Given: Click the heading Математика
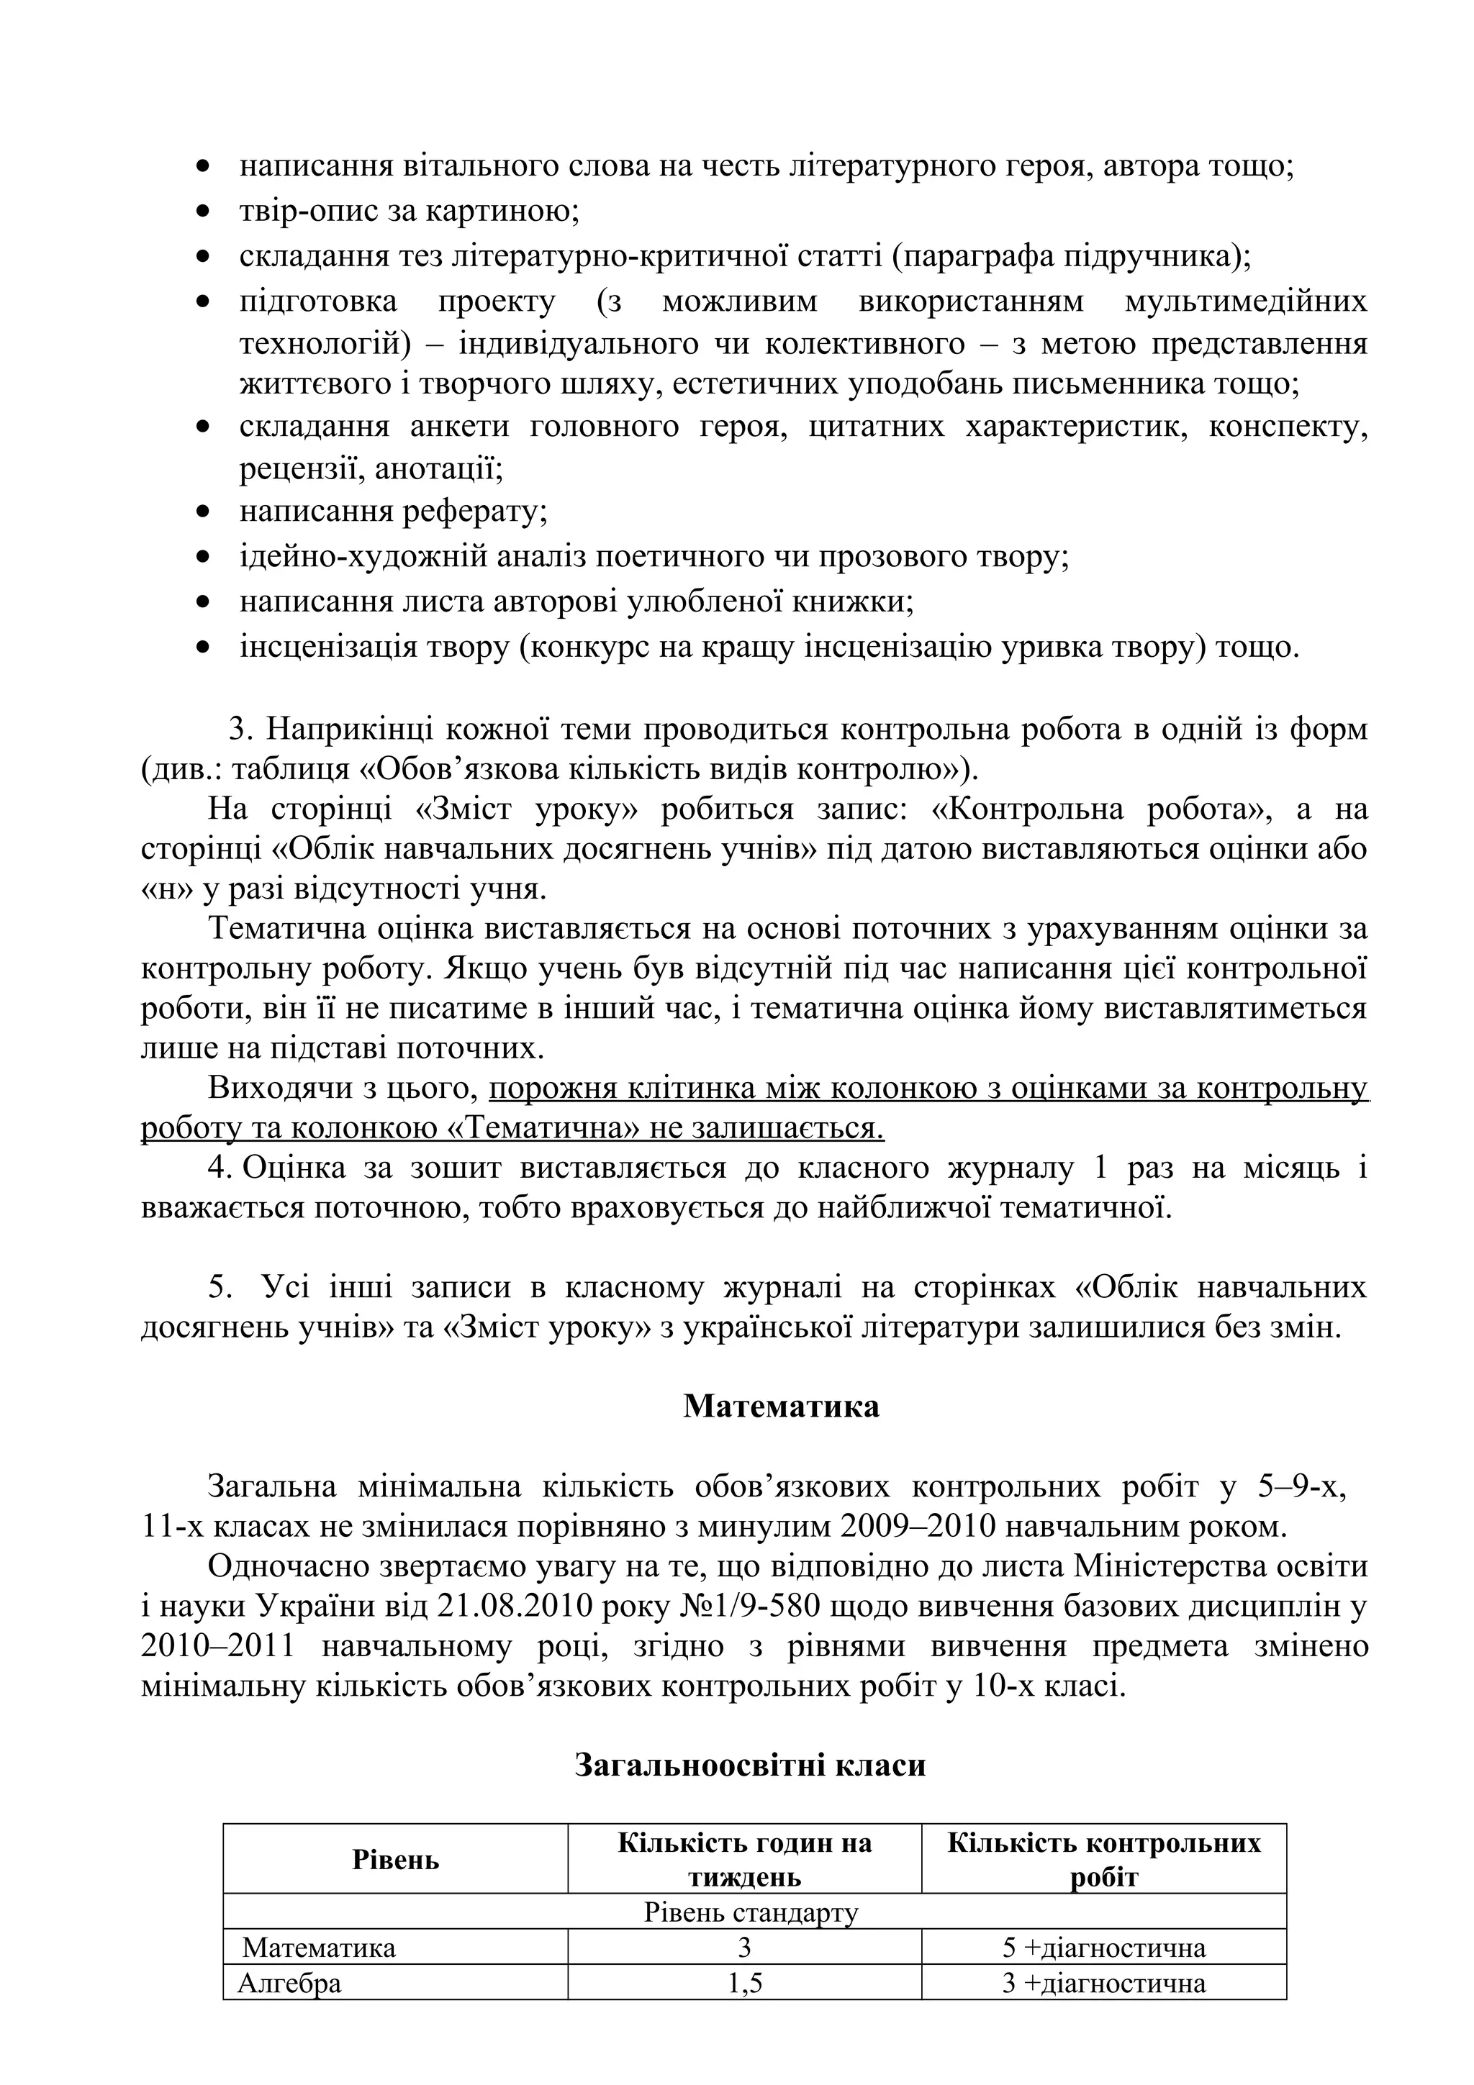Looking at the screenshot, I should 780,1407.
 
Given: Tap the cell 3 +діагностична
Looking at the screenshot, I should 1103,1984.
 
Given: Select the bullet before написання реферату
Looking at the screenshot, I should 204,513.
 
